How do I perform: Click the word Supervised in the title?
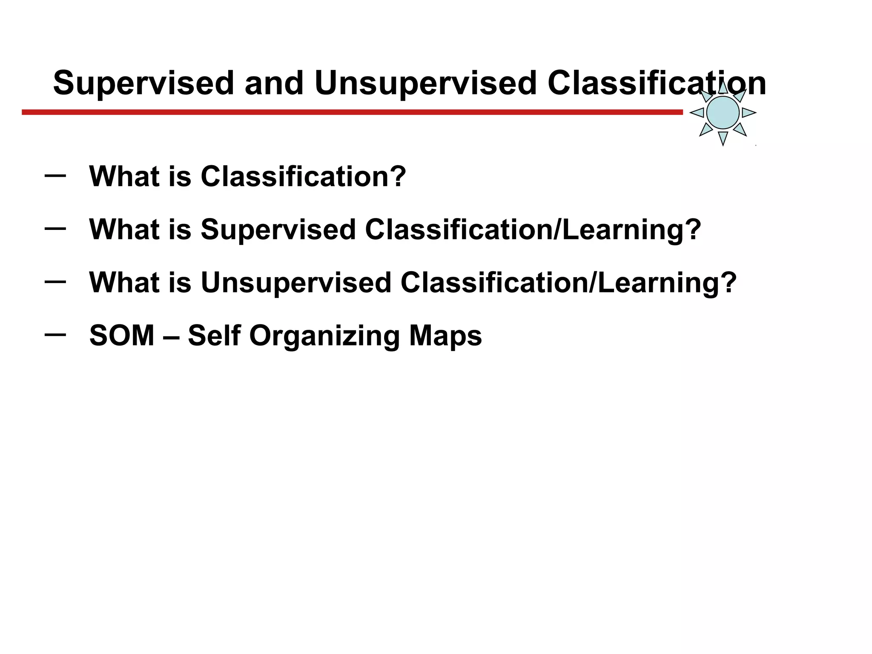[143, 83]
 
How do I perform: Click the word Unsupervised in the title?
[425, 83]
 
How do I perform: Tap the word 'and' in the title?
[274, 83]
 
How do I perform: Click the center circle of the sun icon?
[723, 112]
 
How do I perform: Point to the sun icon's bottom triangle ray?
[723, 138]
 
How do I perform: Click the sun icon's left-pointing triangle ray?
[697, 112]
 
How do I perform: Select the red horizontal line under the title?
[352, 112]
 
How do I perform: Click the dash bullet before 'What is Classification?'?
[55, 175]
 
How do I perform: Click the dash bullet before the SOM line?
[55, 335]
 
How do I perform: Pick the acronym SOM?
[121, 336]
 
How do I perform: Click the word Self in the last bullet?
[214, 336]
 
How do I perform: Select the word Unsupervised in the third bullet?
[295, 283]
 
